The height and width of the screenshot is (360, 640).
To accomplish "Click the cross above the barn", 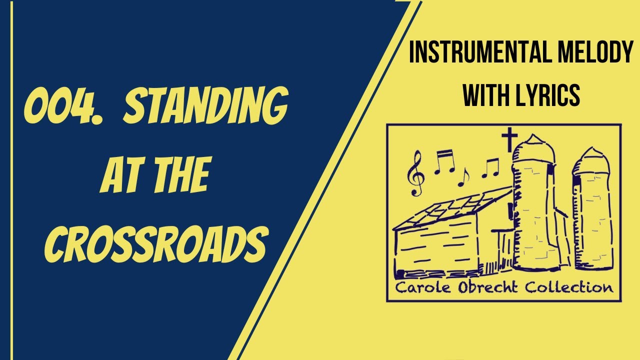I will (508, 138).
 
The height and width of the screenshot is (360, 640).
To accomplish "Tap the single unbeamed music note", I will (464, 176).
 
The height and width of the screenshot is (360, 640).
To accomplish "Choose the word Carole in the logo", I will (419, 287).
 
